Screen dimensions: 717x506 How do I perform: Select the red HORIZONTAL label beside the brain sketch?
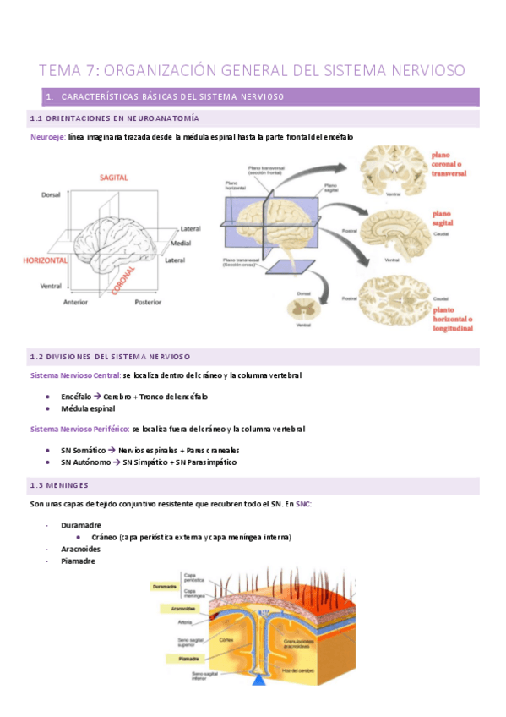[45, 261]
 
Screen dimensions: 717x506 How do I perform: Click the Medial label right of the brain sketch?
[180, 243]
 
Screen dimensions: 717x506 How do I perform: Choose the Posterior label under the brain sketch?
[148, 302]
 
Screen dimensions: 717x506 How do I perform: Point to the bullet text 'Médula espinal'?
[88, 408]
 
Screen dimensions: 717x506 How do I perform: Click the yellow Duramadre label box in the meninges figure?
[165, 585]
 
